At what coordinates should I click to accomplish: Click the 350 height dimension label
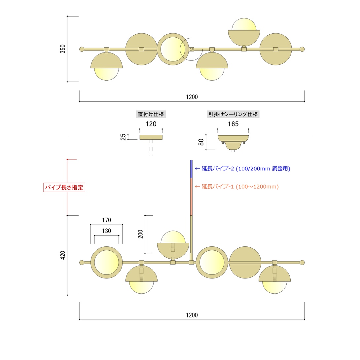[x=62, y=49]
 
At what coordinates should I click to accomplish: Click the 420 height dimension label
[x=62, y=255]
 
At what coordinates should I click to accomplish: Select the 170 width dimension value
[x=107, y=220]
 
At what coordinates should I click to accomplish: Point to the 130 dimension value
[x=107, y=231]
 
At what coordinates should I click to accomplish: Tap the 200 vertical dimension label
[x=140, y=234]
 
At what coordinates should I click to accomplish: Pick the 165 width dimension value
[x=233, y=124]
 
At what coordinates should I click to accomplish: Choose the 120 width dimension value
[x=151, y=124]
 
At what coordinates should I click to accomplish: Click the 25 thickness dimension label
[x=123, y=137]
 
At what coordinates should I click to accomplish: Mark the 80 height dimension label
[x=201, y=142]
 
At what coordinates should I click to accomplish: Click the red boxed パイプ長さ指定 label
[x=64, y=188]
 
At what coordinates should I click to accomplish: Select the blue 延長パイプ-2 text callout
[x=242, y=169]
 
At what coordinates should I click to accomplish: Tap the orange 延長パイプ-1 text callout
[x=237, y=187]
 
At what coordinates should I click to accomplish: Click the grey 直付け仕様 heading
[x=151, y=114]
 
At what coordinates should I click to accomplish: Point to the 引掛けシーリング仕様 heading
[x=233, y=114]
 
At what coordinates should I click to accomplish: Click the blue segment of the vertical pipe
[x=191, y=169]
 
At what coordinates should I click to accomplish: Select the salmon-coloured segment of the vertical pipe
[x=191, y=197]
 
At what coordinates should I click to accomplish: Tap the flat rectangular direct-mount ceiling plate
[x=151, y=137]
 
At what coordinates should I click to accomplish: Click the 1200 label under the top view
[x=192, y=97]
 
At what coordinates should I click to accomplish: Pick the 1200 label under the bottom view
[x=192, y=315]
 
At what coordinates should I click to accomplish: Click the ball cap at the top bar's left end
[x=82, y=49]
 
